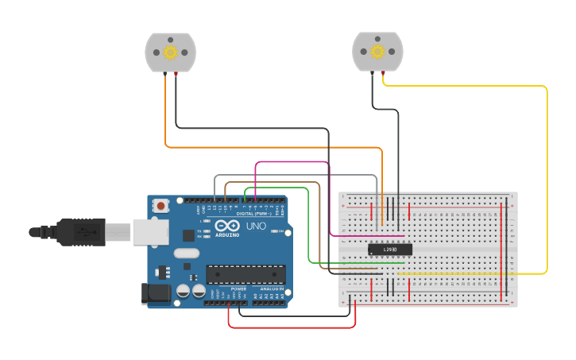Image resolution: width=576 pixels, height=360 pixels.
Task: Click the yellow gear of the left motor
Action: pyautogui.click(x=170, y=52)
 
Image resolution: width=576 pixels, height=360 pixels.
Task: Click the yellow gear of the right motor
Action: pyautogui.click(x=377, y=52)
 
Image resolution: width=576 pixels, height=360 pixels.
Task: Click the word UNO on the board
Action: pyautogui.click(x=257, y=226)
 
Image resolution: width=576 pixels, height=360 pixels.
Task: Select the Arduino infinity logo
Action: pyautogui.click(x=226, y=225)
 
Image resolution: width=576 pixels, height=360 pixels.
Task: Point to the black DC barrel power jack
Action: pyautogui.click(x=156, y=293)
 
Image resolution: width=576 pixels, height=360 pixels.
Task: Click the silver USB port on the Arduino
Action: pyautogui.click(x=150, y=231)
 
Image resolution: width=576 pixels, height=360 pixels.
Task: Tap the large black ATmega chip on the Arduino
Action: pyautogui.click(x=245, y=273)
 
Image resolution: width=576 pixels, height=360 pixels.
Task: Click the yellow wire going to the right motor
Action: pyautogui.click(x=547, y=175)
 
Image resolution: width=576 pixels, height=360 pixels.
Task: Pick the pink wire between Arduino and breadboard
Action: pyautogui.click(x=290, y=162)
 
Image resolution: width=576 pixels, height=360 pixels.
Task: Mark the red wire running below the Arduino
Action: pyautogui.click(x=290, y=327)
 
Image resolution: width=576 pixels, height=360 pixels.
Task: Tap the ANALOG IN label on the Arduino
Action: pyautogui.click(x=271, y=288)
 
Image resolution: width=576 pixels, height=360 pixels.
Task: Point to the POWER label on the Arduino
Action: pyautogui.click(x=238, y=288)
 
